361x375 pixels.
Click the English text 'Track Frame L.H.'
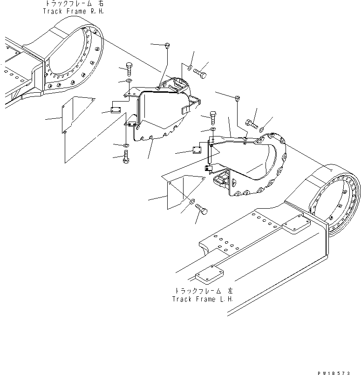tap(203, 299)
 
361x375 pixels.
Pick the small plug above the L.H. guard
tap(238, 98)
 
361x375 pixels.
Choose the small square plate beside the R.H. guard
tap(115, 110)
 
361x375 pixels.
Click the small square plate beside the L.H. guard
tap(197, 150)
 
